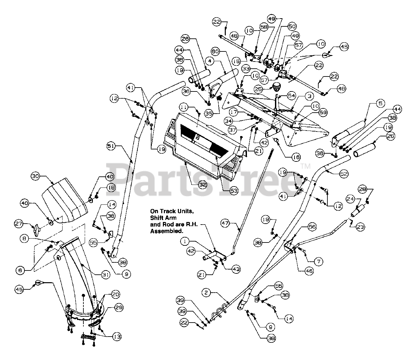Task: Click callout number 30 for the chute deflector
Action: click(x=36, y=176)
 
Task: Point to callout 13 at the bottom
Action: click(x=115, y=336)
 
